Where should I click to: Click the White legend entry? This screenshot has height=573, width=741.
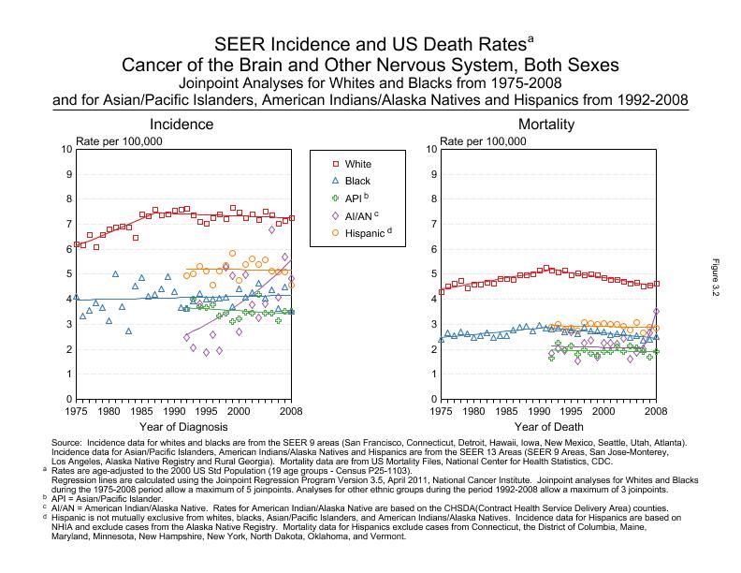point(357,164)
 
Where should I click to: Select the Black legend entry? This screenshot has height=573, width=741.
point(357,181)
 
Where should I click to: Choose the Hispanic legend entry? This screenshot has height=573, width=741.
point(363,232)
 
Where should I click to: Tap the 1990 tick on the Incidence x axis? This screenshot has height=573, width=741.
point(174,410)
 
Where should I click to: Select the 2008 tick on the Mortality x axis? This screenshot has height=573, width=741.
point(656,410)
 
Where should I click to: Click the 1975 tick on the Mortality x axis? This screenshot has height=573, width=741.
point(441,410)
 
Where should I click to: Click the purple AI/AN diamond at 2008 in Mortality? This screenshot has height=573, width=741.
point(656,312)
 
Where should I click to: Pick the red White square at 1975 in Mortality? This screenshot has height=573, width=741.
point(441,292)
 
